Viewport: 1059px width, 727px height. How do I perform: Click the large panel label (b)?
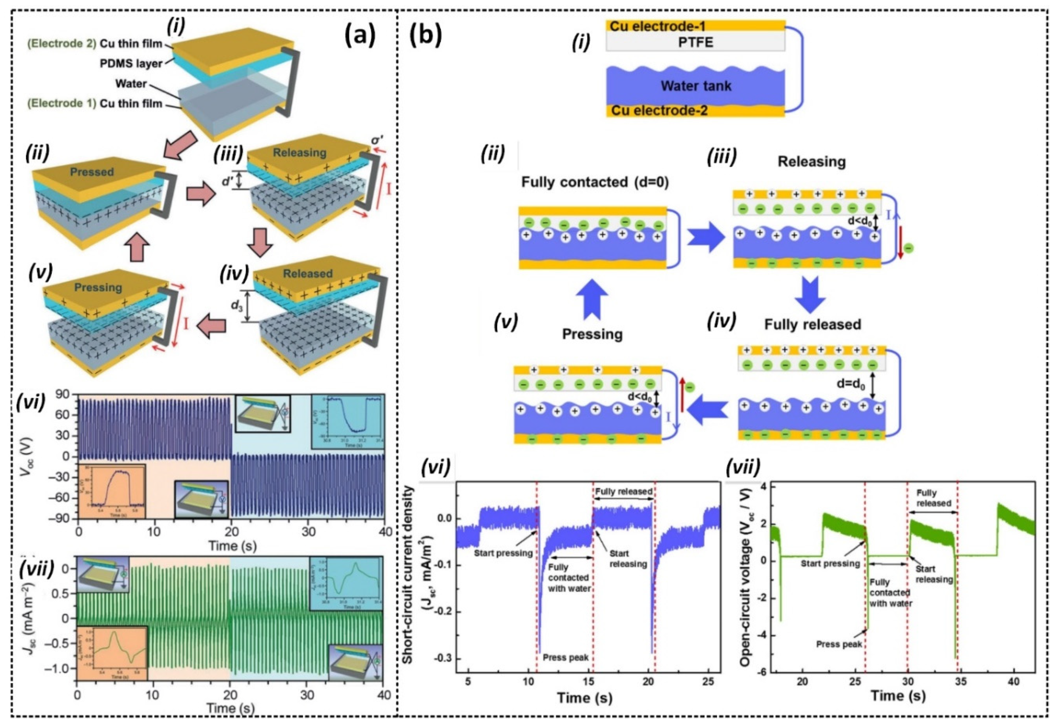tap(425, 35)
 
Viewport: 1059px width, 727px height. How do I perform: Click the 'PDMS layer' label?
tap(131, 63)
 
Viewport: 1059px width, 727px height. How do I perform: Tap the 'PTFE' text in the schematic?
tap(695, 43)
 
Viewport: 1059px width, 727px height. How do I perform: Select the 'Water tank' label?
tap(696, 85)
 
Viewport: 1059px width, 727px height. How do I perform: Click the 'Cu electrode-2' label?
tap(659, 110)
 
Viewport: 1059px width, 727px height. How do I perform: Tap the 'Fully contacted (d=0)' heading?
tap(595, 182)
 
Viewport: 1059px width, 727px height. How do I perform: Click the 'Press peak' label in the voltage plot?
tap(839, 644)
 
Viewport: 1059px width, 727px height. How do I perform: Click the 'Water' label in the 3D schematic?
tap(131, 84)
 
